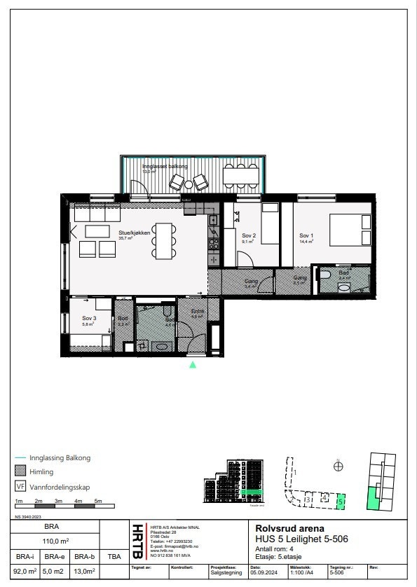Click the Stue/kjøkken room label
135,235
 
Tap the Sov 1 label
306,236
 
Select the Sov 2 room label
248,236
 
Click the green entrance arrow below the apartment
193,364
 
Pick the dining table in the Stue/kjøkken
165,240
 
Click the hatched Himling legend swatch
20,472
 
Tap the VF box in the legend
20,486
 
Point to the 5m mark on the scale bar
98,502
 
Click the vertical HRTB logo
137,538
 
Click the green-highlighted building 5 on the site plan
341,501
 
